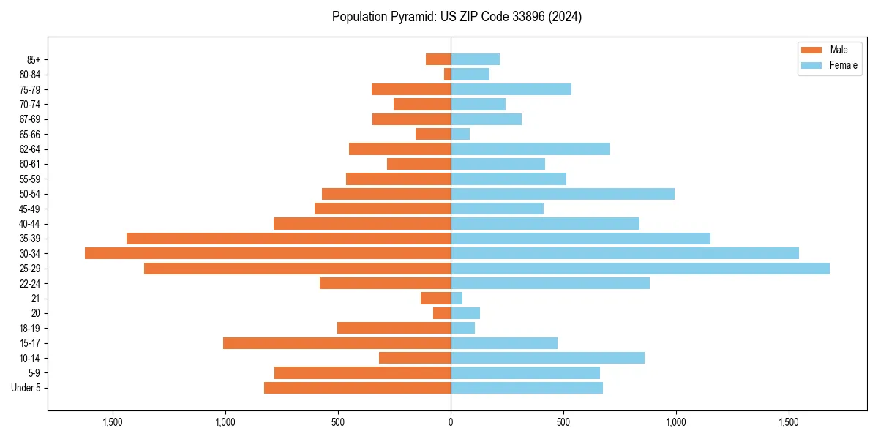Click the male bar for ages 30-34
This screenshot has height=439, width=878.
coord(267,253)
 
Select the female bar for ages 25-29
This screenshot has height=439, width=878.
coord(639,269)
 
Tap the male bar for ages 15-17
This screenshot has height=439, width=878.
coord(337,343)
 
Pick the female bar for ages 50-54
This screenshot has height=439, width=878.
coord(562,194)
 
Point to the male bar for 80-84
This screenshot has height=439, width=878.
coord(447,75)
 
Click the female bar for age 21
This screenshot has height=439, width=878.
coord(457,299)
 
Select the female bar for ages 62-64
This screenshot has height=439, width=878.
coord(530,149)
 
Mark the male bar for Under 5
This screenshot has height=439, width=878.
coord(357,388)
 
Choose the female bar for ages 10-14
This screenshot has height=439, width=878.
coord(547,358)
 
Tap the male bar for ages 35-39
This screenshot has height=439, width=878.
coord(288,239)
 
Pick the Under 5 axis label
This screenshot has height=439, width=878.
coord(26,388)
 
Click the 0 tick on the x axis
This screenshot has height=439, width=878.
coord(451,422)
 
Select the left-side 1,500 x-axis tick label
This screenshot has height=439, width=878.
coord(113,422)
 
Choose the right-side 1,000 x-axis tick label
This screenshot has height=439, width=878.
coord(675,422)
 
